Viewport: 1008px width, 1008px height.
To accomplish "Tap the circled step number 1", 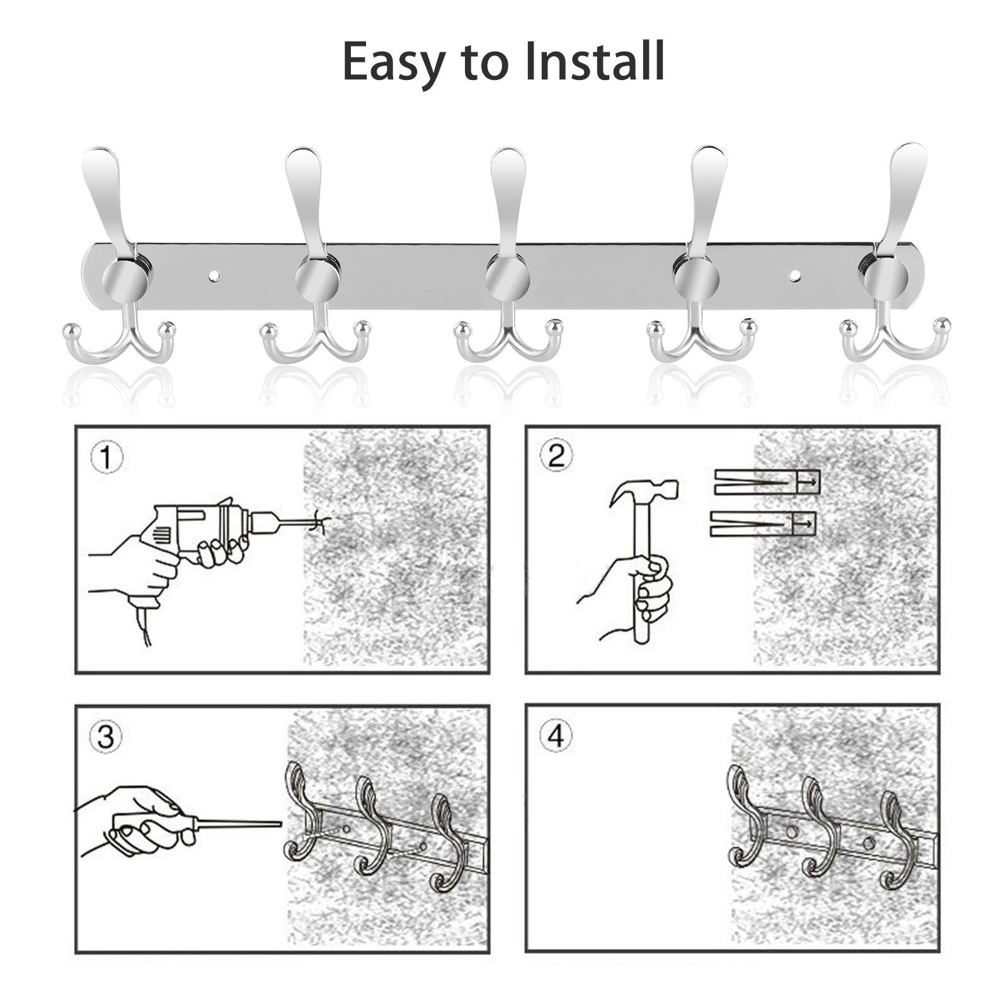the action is (x=107, y=457).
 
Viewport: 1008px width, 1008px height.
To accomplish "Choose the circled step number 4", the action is (x=557, y=735).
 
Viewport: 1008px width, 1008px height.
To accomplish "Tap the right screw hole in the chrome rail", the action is (x=794, y=275).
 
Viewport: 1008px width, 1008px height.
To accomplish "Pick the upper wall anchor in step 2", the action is (x=767, y=482).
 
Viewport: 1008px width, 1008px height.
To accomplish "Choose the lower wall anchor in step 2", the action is (x=763, y=524).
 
